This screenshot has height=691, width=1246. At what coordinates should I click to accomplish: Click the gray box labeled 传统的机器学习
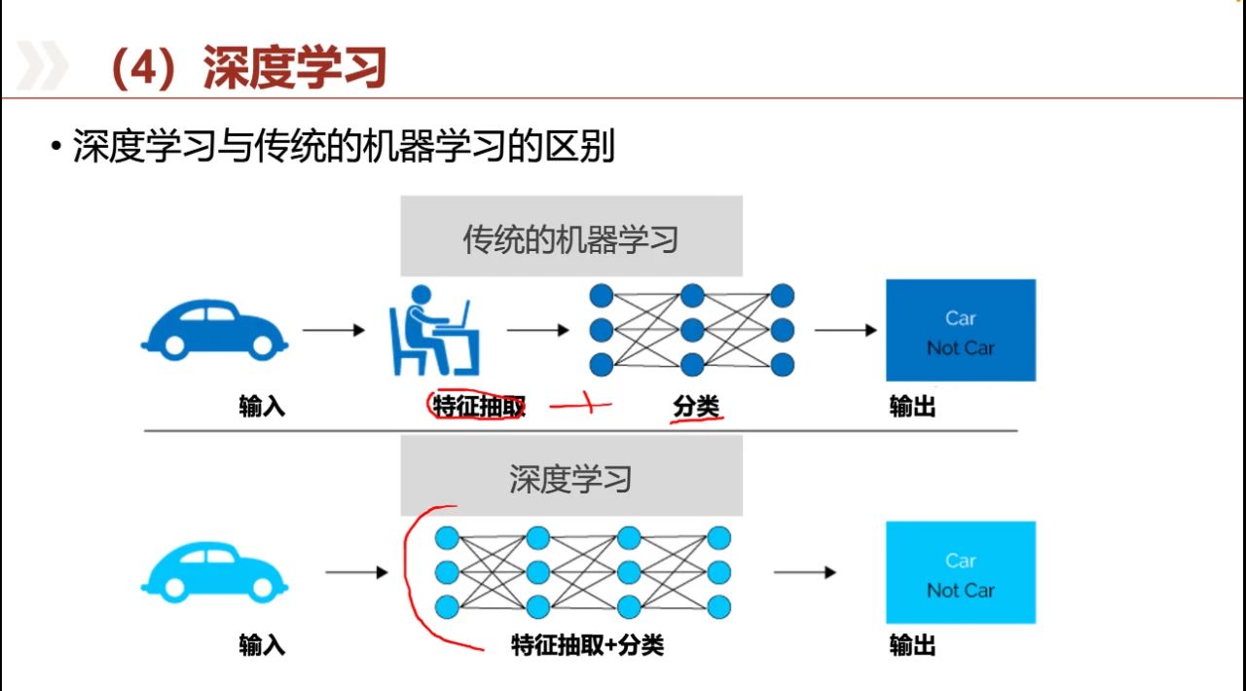[x=570, y=236]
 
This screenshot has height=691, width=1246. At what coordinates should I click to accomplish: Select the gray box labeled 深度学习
[x=570, y=477]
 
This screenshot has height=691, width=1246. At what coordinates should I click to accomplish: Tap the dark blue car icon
[x=214, y=328]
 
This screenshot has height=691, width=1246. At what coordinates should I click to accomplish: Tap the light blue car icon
[x=214, y=570]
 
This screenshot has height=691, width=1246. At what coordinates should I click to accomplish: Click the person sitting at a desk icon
[x=434, y=329]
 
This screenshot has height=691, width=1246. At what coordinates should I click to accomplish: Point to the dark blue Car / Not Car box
[x=960, y=331]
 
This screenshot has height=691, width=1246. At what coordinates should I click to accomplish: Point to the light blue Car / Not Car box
[x=960, y=572]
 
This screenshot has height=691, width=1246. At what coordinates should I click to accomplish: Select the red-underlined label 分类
[x=696, y=406]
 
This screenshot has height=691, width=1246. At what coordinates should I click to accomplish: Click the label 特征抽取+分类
[x=587, y=644]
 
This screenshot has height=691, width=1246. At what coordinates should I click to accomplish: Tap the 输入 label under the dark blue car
[x=262, y=406]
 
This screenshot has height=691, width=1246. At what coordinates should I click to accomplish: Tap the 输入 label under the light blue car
[x=262, y=644]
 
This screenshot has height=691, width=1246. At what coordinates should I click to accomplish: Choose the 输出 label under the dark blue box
[x=912, y=406]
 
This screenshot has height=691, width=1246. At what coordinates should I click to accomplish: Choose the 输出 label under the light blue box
[x=912, y=644]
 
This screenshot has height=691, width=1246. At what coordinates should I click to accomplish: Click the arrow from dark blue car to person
[x=334, y=330]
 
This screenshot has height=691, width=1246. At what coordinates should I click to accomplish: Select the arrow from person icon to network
[x=537, y=330]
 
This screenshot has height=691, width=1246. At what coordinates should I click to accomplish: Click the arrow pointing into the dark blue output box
[x=846, y=330]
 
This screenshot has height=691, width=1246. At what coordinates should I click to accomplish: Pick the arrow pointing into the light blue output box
[x=804, y=572]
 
